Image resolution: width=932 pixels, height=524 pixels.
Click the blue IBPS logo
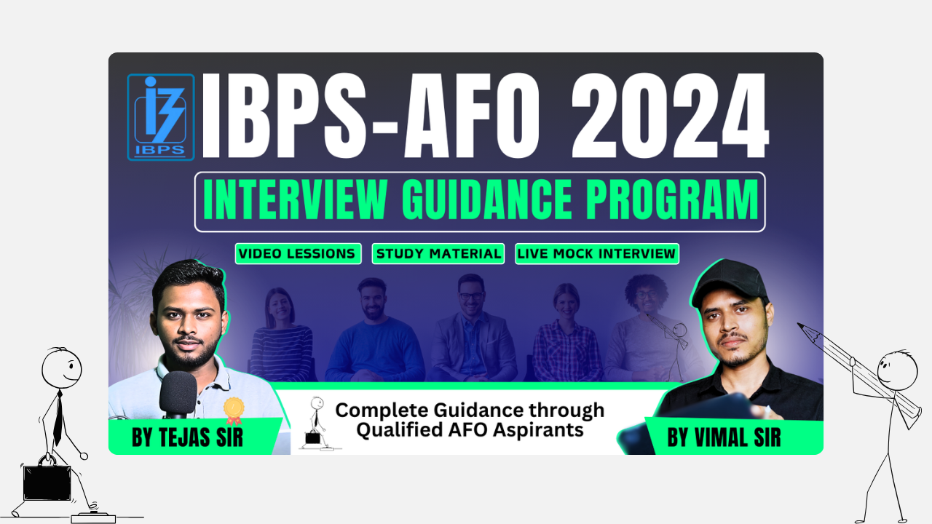(161, 117)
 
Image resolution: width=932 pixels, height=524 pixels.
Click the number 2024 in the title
(670, 116)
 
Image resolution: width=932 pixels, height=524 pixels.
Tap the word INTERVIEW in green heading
(296, 199)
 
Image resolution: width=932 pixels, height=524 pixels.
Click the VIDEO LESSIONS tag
(298, 254)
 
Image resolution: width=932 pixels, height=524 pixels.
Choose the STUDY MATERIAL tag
(438, 254)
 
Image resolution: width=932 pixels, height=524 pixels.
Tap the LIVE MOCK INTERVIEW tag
(597, 254)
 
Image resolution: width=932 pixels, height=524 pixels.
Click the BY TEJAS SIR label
(187, 437)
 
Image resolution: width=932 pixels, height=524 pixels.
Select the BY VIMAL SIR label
(724, 437)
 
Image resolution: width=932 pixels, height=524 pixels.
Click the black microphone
(178, 393)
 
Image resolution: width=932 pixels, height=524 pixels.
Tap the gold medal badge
(234, 411)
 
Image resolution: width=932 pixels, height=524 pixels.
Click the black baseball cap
(729, 283)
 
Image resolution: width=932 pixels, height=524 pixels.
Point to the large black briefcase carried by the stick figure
(47, 482)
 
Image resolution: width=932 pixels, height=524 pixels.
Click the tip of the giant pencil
(799, 324)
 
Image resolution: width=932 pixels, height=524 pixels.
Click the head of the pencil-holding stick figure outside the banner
(898, 370)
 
